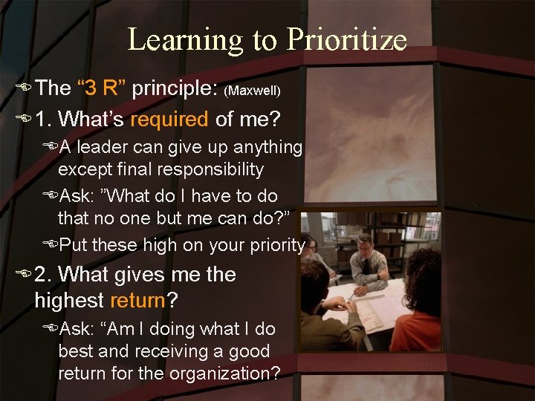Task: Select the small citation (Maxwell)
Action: (253, 91)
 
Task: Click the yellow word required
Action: (170, 118)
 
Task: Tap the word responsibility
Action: (211, 169)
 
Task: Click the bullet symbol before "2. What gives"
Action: (25, 276)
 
